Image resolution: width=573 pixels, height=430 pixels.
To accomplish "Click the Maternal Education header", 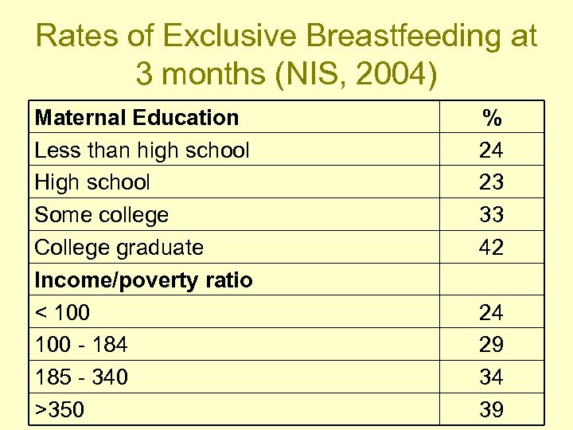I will point(137,118).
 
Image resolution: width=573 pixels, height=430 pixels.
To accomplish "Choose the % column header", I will point(492,119).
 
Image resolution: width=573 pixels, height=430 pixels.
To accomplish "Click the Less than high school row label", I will point(142,150).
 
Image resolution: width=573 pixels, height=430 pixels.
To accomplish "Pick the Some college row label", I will point(102,215).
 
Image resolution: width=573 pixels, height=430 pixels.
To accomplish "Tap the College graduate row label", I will point(119,248).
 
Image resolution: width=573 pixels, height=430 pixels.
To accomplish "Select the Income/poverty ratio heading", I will point(144,280).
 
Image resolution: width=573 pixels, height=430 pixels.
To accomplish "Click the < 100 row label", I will point(63,313).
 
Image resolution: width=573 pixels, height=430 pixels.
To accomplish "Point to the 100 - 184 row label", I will point(81,345).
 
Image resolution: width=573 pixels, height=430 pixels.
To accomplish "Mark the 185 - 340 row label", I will point(81,377).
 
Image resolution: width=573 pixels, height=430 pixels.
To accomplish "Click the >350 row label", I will point(60,410).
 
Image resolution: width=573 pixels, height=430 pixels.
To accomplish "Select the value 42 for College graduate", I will point(492,248).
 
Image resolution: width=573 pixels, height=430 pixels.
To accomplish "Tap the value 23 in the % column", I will point(492,182).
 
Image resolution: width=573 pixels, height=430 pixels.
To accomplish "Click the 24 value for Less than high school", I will point(492,150).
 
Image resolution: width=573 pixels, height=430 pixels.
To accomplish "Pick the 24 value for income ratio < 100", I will point(492,313).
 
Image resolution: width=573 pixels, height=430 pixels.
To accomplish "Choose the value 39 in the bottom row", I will point(492,410).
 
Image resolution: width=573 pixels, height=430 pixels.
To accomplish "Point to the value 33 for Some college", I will point(492,215).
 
